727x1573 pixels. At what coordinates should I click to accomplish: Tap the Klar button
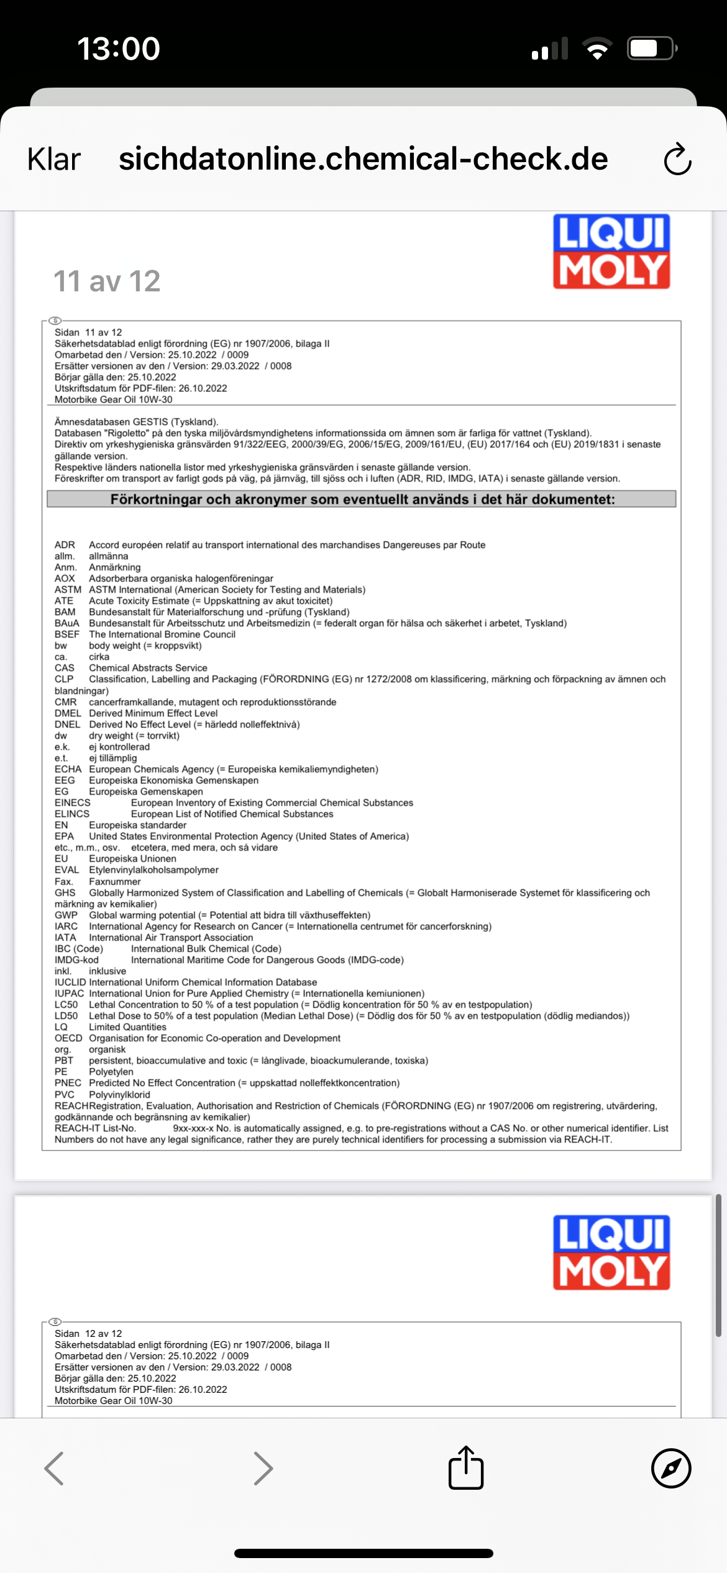coord(54,160)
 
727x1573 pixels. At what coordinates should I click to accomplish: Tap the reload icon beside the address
coord(677,160)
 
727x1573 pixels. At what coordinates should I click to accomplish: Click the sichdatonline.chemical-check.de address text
coord(363,159)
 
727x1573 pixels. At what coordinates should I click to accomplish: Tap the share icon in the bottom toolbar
coord(466,1468)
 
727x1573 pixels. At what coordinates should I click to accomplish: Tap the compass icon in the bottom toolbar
coord(671,1468)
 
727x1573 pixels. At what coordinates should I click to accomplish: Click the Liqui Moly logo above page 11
coord(611,252)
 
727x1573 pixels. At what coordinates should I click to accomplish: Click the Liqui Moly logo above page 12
coord(611,1253)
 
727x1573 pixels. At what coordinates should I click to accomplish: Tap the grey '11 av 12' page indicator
coord(107,281)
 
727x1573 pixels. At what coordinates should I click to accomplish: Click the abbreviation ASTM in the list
coord(68,590)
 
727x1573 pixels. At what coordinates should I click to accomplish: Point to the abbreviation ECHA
coord(68,769)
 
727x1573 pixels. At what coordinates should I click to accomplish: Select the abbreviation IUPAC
coord(69,993)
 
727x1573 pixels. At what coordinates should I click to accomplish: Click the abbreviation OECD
coord(68,1038)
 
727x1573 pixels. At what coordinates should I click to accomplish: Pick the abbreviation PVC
coord(65,1095)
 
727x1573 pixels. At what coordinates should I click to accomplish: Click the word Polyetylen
coord(111,1072)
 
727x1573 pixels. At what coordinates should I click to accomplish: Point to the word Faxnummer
coord(115,882)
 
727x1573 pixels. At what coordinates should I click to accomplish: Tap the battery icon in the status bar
coord(651,48)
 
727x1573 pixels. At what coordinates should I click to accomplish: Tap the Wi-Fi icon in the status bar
coord(597,48)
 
